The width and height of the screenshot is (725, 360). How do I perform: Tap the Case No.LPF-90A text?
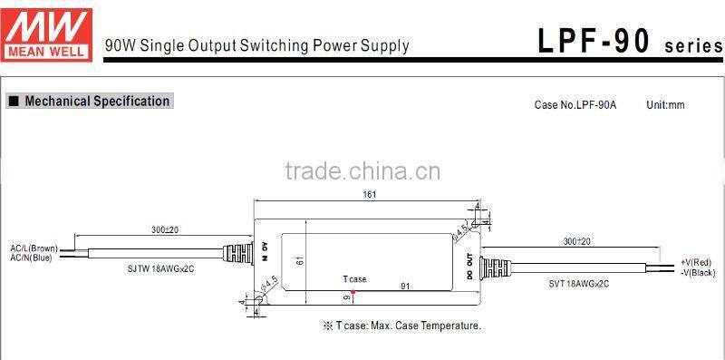point(575,105)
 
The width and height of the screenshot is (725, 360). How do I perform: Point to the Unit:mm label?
point(665,105)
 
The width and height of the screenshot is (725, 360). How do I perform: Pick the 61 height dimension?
point(297,260)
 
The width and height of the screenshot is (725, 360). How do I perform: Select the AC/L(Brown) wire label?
point(34,248)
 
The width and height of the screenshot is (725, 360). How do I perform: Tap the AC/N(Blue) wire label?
point(32,257)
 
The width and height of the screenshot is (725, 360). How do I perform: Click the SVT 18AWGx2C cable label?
point(579,283)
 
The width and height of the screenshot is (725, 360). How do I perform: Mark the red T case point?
point(353,291)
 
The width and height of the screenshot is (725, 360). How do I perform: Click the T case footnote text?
point(401,326)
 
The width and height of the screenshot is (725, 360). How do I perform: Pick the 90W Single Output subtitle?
point(257,45)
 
